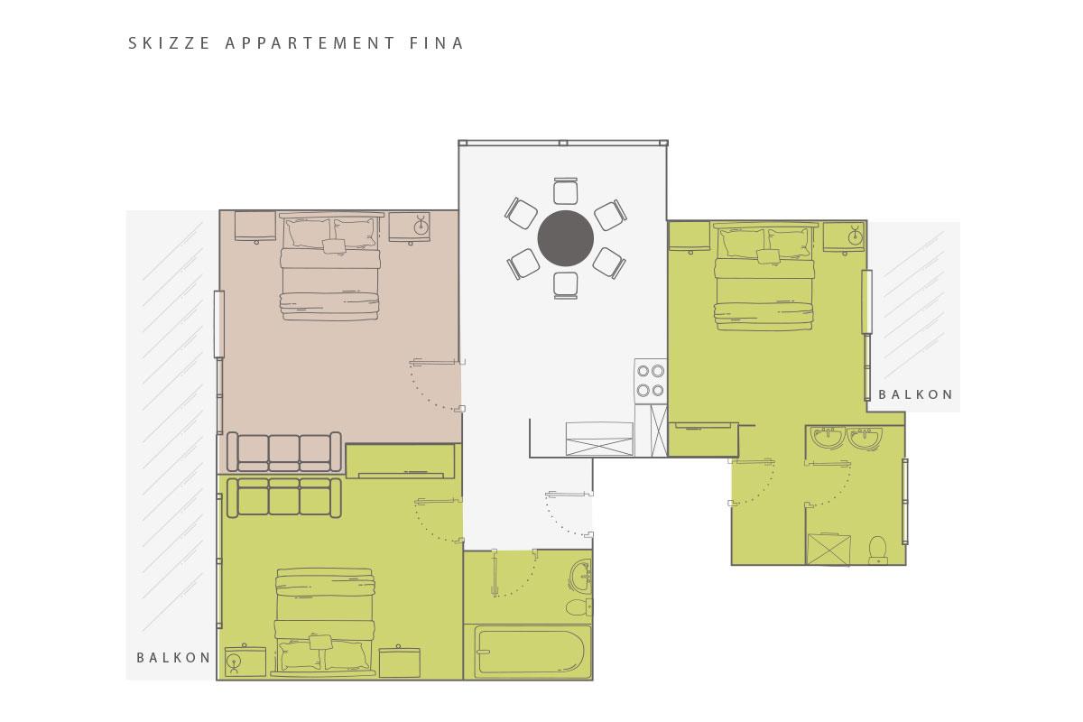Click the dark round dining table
point(566,238)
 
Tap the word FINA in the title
point(437,43)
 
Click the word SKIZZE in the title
point(169,43)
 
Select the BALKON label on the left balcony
point(173,658)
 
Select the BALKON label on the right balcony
point(916,394)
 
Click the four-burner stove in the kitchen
point(651,381)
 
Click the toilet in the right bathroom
point(878,550)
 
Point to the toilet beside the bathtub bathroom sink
point(579,607)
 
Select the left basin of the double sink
point(828,437)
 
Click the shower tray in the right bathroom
point(828,549)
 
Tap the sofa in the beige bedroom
point(284,451)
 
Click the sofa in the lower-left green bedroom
point(284,497)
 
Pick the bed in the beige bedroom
point(329,266)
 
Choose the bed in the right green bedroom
point(764,276)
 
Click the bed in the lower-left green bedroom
point(324,622)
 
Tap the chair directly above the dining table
point(566,191)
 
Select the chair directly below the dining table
point(566,285)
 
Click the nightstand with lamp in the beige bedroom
point(410,227)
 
